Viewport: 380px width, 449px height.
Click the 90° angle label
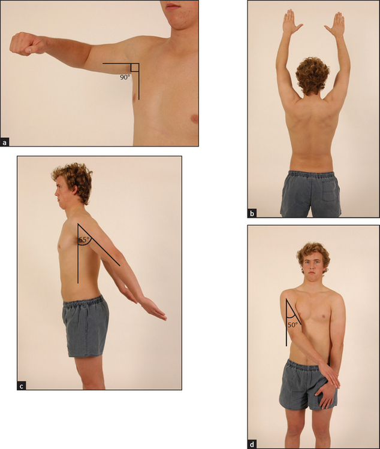[x=125, y=77]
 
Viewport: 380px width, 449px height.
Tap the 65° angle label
[x=84, y=239]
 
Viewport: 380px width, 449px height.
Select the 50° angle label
[x=293, y=325]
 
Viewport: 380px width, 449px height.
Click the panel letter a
[x=5, y=142]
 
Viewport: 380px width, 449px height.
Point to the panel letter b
[x=252, y=213]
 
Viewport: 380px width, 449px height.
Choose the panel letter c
[x=21, y=386]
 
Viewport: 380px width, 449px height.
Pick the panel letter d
[x=252, y=445]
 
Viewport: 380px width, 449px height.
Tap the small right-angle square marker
[x=135, y=67]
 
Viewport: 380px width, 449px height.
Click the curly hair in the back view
[x=313, y=74]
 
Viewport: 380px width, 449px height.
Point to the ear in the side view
[x=75, y=190]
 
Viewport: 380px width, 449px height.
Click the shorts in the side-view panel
[x=86, y=326]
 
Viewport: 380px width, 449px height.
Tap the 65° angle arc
[x=86, y=244]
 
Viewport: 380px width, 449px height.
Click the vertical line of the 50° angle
[x=286, y=323]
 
